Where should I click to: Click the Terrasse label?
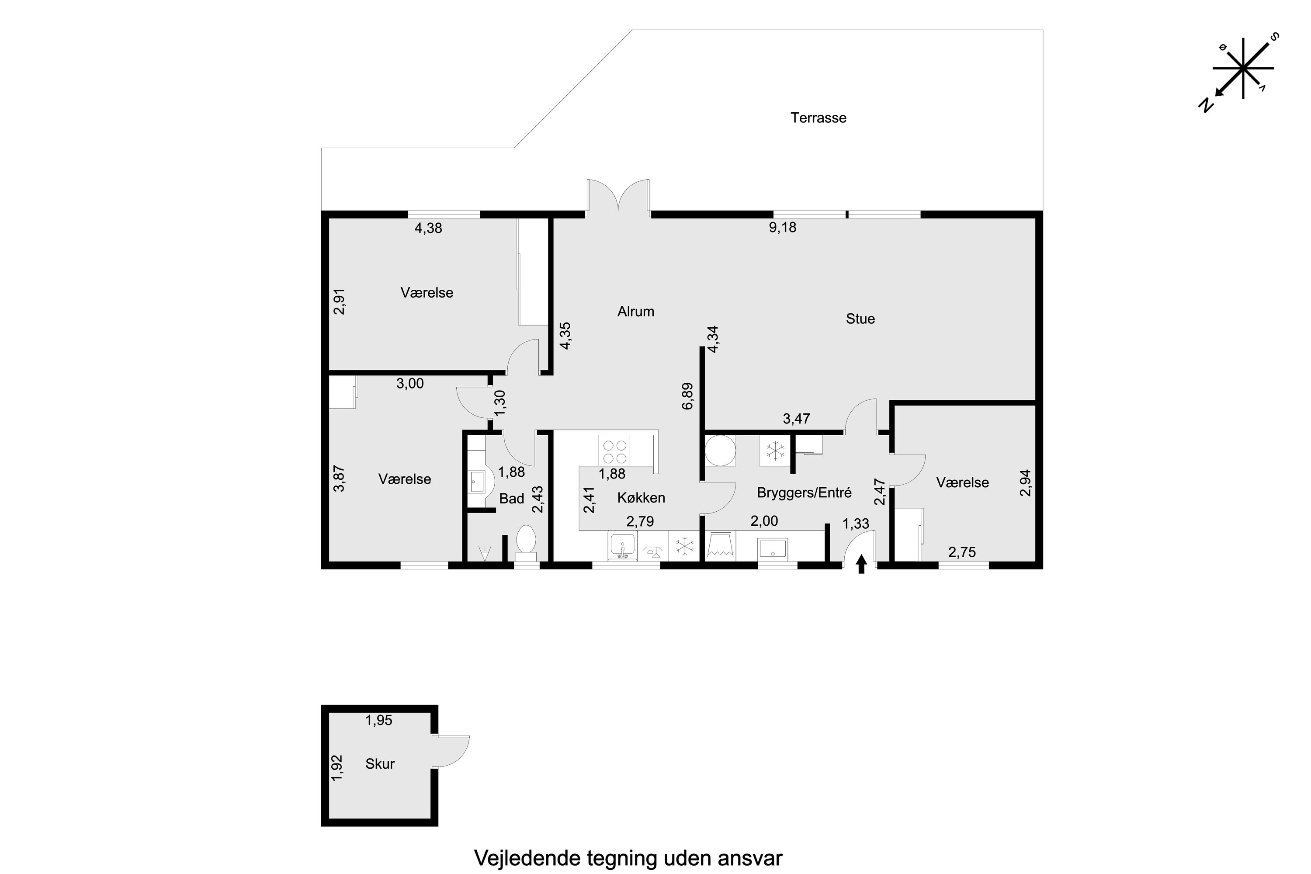pyautogui.click(x=818, y=118)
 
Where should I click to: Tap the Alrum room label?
pyautogui.click(x=635, y=312)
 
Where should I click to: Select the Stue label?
pyautogui.click(x=860, y=319)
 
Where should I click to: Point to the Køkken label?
pyautogui.click(x=641, y=498)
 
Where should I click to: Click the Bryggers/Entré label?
pyautogui.click(x=804, y=493)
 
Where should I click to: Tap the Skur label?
pyautogui.click(x=380, y=763)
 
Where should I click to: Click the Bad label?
pyautogui.click(x=511, y=498)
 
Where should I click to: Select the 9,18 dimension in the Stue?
pyautogui.click(x=783, y=227)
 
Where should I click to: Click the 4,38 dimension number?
pyautogui.click(x=428, y=228)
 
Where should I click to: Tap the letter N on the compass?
pyautogui.click(x=1206, y=106)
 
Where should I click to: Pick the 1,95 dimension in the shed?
pyautogui.click(x=378, y=721)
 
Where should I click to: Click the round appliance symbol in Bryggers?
pyautogui.click(x=720, y=451)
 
